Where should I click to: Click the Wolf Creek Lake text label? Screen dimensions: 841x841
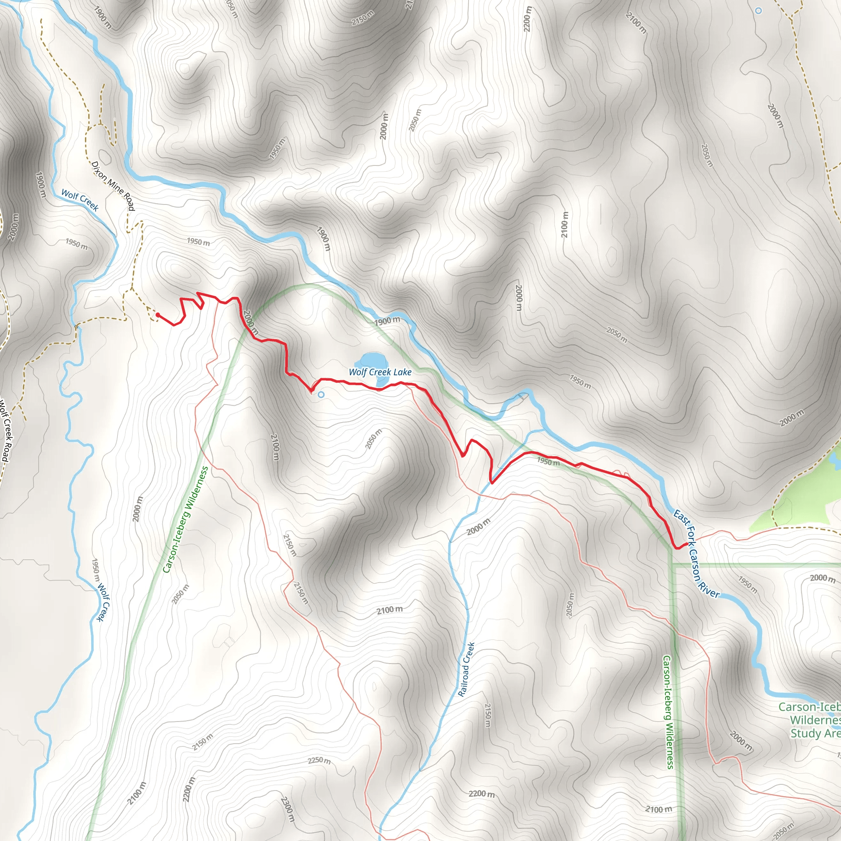tap(380, 372)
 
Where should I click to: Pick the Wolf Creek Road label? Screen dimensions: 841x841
tap(4, 431)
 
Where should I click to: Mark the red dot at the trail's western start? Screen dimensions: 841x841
tap(158, 315)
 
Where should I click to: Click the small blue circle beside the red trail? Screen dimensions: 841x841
tap(321, 395)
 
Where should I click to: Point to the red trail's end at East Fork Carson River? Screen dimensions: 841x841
tap(686, 544)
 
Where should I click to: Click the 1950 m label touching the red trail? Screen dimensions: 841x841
tap(548, 462)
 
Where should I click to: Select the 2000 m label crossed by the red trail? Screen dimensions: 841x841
tap(250, 322)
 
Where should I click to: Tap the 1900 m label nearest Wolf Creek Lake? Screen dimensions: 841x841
tap(387, 321)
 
